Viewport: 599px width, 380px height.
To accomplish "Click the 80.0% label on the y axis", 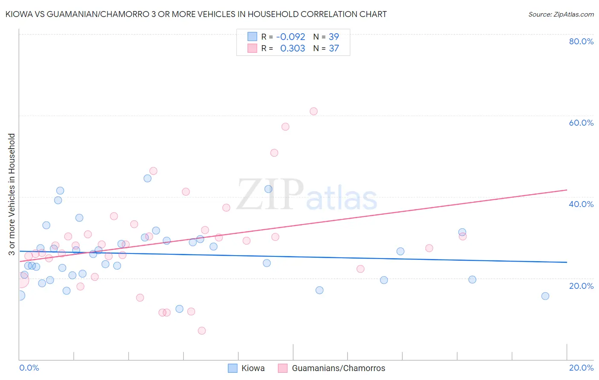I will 581,41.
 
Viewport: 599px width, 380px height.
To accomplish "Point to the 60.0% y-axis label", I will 581,123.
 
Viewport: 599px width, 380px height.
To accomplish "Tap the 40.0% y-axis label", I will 581,204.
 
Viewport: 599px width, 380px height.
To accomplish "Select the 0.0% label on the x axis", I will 29,368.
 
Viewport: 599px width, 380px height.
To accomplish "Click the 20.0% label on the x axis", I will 581,368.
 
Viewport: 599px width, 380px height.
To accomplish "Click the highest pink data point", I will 314,111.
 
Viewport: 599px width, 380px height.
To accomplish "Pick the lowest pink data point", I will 202,331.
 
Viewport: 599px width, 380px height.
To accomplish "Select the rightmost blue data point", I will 545,296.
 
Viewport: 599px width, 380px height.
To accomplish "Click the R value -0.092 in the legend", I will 291,37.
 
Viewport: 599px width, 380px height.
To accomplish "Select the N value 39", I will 334,37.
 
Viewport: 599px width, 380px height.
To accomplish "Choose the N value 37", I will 334,49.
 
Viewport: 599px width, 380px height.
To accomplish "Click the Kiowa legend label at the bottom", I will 253,368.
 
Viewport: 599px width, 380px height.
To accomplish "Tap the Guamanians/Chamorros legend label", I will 338,368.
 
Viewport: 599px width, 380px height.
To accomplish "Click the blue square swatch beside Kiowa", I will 233,368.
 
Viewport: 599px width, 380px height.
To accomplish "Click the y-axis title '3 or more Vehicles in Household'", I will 12,194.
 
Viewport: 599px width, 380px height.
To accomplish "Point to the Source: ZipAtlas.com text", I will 561,14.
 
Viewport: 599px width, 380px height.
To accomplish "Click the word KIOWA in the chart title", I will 20,14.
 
